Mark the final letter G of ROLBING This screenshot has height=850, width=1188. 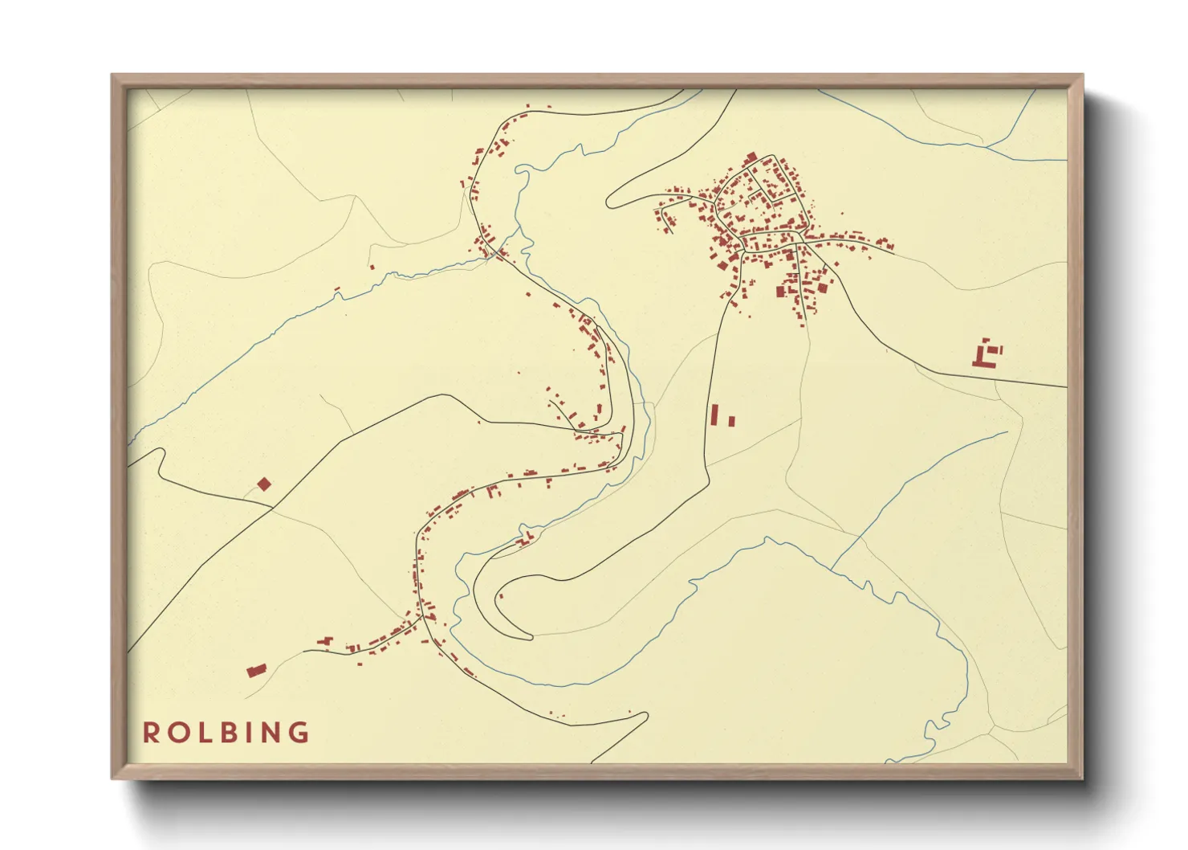[x=299, y=732]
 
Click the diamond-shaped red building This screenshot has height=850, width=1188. [x=264, y=484]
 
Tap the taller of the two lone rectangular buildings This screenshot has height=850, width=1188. [x=714, y=415]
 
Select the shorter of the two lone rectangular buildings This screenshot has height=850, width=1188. [x=731, y=420]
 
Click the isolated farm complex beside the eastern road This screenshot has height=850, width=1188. [x=987, y=354]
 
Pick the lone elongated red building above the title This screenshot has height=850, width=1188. [x=256, y=670]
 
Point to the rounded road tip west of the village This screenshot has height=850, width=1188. [x=610, y=201]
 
